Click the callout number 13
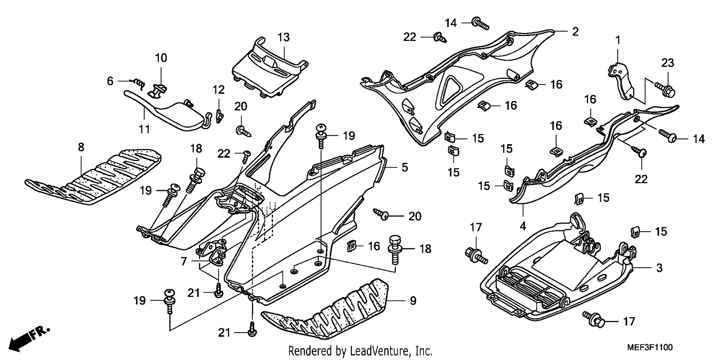click(x=284, y=37)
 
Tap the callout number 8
click(x=81, y=147)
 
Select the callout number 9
click(x=413, y=301)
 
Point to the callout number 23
click(x=668, y=62)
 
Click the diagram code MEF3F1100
click(x=649, y=348)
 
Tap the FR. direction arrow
click(x=29, y=339)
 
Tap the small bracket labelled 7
click(x=211, y=252)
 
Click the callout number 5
click(x=405, y=167)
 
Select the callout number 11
click(x=144, y=129)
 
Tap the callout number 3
click(x=659, y=268)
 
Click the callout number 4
click(x=523, y=226)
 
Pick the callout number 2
click(x=575, y=31)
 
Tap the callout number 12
click(x=219, y=90)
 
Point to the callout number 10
click(x=161, y=58)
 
